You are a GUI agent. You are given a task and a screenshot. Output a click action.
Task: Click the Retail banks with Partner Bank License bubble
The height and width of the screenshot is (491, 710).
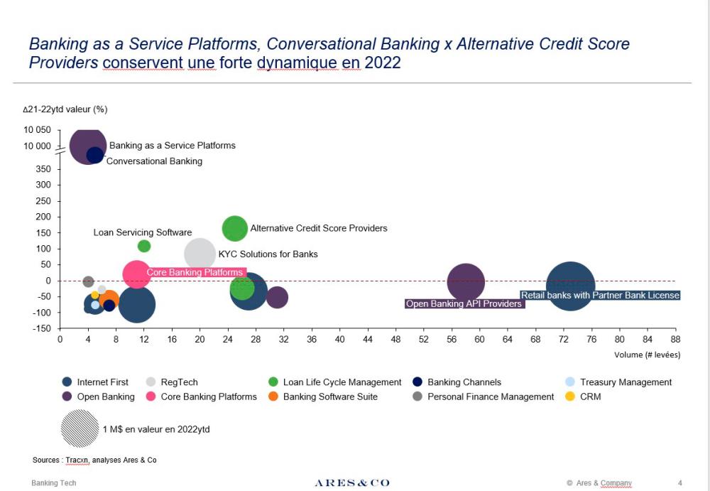point(569,285)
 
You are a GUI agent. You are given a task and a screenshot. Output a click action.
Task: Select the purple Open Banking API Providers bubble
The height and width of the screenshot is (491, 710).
point(466,282)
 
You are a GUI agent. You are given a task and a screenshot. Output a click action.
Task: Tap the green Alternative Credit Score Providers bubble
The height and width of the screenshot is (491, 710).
point(235,228)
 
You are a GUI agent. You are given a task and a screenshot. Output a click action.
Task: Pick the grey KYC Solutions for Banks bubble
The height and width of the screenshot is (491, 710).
point(200,254)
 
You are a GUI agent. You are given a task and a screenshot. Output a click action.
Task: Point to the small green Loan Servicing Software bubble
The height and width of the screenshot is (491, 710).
point(144,246)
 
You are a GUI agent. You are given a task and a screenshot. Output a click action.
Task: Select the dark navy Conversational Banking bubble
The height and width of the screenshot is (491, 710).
point(95,155)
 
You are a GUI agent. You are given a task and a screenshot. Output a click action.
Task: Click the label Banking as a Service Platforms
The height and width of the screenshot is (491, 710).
point(172,146)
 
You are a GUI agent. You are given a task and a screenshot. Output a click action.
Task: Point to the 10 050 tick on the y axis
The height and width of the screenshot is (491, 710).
point(38,130)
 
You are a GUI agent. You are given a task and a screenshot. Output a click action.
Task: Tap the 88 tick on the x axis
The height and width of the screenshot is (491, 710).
point(674,340)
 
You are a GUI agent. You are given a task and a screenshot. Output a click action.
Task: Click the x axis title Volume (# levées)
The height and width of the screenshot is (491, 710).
point(647,355)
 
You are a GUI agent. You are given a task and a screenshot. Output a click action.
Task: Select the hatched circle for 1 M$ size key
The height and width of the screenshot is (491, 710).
point(80,429)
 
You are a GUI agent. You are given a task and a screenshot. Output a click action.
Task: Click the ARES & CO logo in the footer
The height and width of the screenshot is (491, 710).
point(352,483)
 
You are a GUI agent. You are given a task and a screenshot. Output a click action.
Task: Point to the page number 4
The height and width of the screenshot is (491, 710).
point(680,483)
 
